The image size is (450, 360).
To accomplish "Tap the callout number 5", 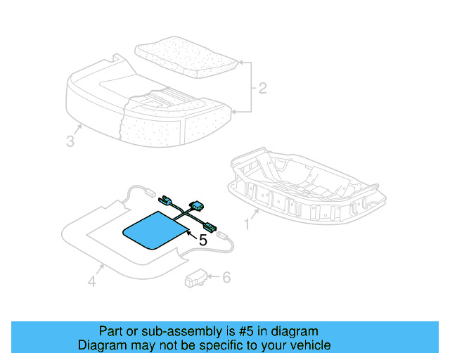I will click(203, 240).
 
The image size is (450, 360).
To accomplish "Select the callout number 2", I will click(262, 88).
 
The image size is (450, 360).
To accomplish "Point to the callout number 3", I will click(70, 141).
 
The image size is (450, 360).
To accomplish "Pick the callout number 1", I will click(246, 224).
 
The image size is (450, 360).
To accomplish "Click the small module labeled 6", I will click(194, 281).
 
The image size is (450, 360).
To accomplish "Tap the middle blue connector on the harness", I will click(197, 207).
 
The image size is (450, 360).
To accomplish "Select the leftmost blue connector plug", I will click(168, 200).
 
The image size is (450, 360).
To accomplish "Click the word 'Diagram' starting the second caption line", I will click(101, 345).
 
